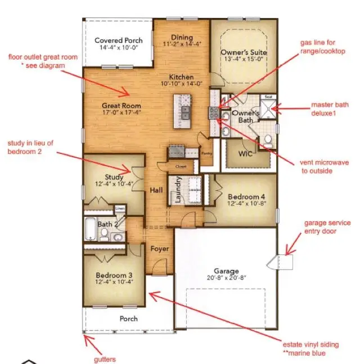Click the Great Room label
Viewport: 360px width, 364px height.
pyautogui.click(x=121, y=106)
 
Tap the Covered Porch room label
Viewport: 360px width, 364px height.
pyautogui.click(x=119, y=40)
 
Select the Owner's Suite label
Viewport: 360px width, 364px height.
pyautogui.click(x=244, y=53)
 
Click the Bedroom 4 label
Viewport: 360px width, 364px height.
pyautogui.click(x=246, y=197)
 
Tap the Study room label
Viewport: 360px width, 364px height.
pyautogui.click(x=114, y=178)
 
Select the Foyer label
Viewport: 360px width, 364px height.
pyautogui.click(x=159, y=248)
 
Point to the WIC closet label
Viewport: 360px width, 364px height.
pyautogui.click(x=245, y=153)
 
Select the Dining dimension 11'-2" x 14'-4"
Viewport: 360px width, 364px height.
pyautogui.click(x=182, y=44)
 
